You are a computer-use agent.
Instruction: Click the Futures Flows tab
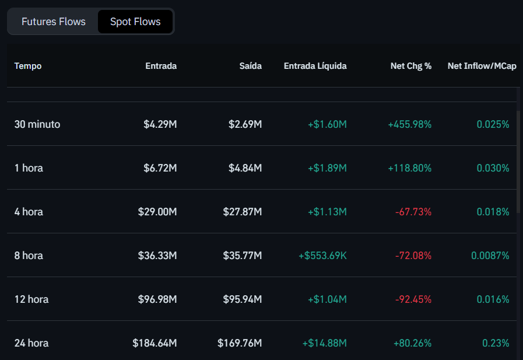click(x=54, y=22)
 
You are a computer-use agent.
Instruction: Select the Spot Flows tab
click(x=135, y=22)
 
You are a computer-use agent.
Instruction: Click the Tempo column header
click(x=28, y=66)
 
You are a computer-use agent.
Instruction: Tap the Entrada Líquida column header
click(x=315, y=66)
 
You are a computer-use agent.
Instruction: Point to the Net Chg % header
click(x=411, y=66)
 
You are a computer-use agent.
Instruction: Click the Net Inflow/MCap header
click(x=482, y=66)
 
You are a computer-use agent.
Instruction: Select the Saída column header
click(x=251, y=66)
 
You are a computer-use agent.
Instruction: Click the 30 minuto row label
click(x=37, y=124)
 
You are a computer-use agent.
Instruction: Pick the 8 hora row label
click(x=29, y=256)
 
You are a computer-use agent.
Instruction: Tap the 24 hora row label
click(x=31, y=343)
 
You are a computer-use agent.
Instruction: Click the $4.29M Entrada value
click(x=160, y=124)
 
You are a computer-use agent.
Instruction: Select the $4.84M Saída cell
click(x=245, y=168)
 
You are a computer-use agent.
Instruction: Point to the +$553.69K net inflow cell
click(x=322, y=256)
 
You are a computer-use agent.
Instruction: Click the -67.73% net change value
click(x=413, y=212)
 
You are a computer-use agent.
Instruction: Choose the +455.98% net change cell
click(x=410, y=124)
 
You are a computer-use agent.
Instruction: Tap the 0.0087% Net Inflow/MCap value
click(x=490, y=256)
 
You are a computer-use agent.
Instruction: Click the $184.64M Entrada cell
click(x=155, y=343)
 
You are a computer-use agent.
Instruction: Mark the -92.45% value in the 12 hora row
click(x=413, y=299)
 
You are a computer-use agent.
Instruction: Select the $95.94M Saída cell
click(x=243, y=299)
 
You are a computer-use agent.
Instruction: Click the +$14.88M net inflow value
click(x=324, y=343)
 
